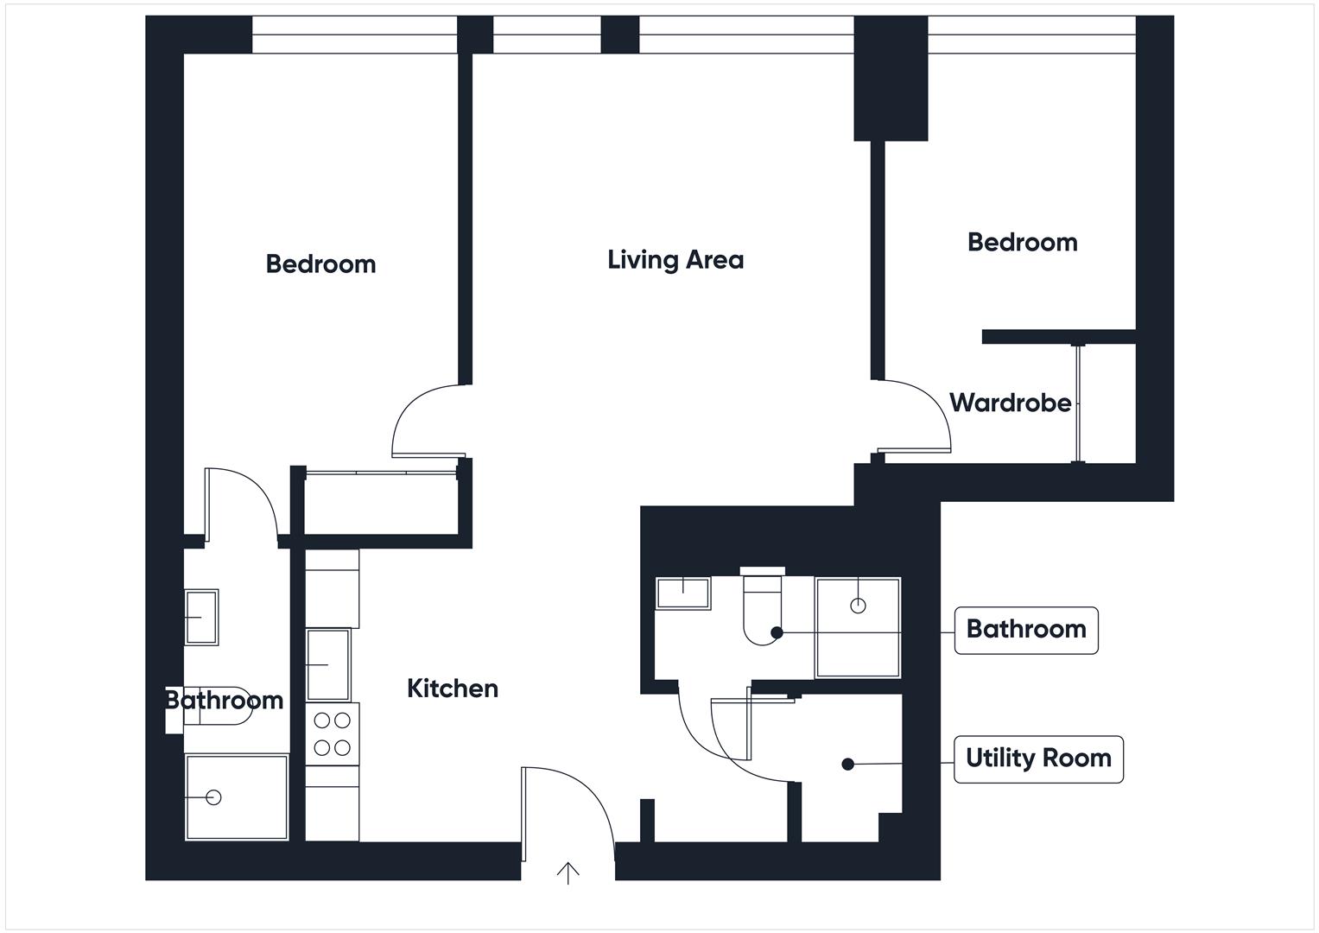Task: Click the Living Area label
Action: pos(675,259)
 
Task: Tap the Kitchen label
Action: pos(453,689)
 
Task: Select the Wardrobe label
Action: pos(1010,403)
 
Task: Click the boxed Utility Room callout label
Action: pos(1038,758)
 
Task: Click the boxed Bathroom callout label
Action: pos(1025,629)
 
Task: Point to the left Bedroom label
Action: pos(320,263)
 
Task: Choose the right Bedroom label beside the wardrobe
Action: pos(1022,242)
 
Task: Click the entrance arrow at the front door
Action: pos(568,873)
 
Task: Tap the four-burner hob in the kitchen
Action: pos(333,733)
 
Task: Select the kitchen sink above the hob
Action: pos(328,664)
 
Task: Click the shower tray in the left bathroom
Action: pos(237,797)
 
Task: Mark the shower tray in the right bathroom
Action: pos(858,627)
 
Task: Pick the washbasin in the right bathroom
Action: pos(682,593)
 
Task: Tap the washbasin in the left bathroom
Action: pos(201,617)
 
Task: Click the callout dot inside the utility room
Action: pos(848,764)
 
